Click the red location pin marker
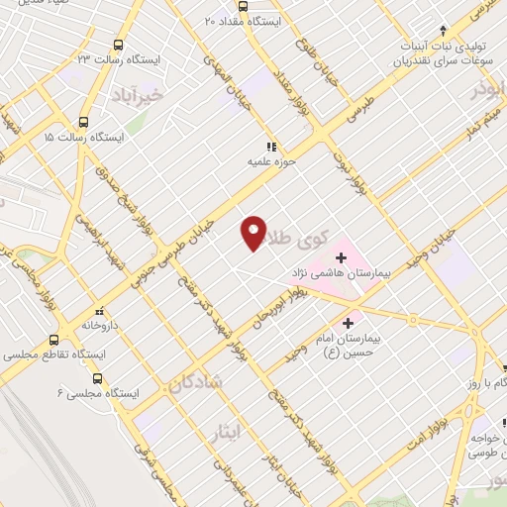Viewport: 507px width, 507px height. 253,232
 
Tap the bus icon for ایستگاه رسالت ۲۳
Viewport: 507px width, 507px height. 119,45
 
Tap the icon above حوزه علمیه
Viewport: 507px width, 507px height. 271,146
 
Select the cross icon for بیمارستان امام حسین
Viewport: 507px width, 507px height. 348,323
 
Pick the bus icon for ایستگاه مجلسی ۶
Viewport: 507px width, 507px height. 97,378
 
